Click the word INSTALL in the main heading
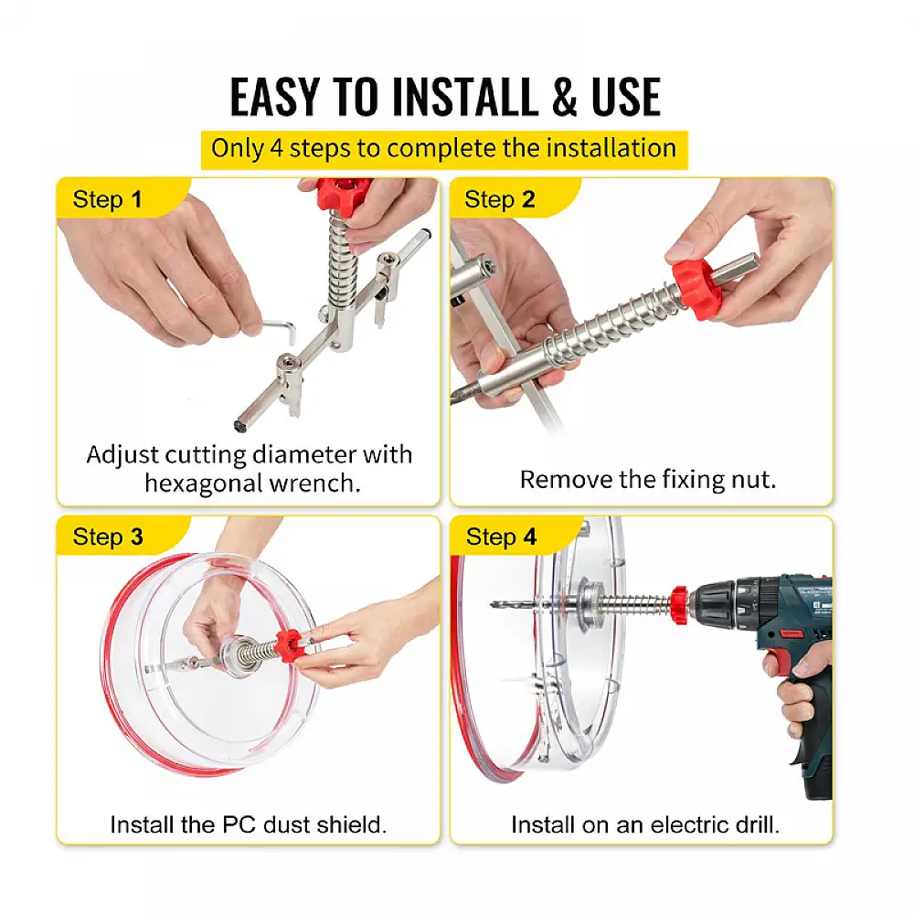[464, 97]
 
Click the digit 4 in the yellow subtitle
[276, 148]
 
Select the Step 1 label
[107, 199]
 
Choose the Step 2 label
[500, 199]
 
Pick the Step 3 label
[108, 537]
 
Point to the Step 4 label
[501, 537]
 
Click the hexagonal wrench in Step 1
[277, 330]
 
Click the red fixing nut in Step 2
[696, 289]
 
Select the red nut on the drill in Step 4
[678, 606]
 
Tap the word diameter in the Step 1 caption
[304, 454]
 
